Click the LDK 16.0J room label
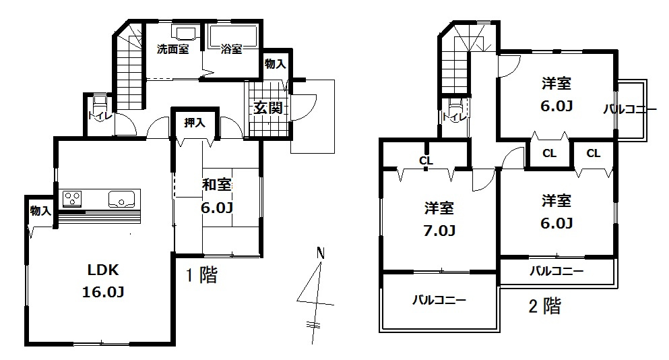pyautogui.click(x=103, y=281)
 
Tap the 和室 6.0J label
pyautogui.click(x=218, y=196)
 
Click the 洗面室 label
pyautogui.click(x=172, y=49)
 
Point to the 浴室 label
pyautogui.click(x=232, y=49)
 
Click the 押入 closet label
pyautogui.click(x=195, y=123)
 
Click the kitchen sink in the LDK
pyautogui.click(x=122, y=199)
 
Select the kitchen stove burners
pyautogui.click(x=73, y=198)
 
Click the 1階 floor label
pyautogui.click(x=201, y=276)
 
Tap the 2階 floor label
pyautogui.click(x=544, y=307)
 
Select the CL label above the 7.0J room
pyautogui.click(x=425, y=160)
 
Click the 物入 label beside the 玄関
pyautogui.click(x=275, y=65)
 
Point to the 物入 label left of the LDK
pyautogui.click(x=40, y=211)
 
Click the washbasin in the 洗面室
pyautogui.click(x=185, y=32)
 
